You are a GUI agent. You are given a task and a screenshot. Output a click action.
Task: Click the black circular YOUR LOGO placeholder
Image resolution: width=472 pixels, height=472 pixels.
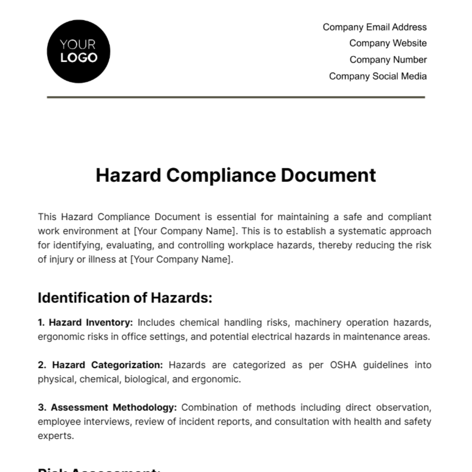(x=78, y=52)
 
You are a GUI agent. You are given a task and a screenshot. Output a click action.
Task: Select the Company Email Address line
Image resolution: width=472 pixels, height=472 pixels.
(x=374, y=27)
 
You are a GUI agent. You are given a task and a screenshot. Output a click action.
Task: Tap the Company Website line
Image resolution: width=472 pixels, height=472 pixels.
(x=388, y=43)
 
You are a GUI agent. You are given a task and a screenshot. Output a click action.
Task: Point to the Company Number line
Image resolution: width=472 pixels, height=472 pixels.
(x=388, y=60)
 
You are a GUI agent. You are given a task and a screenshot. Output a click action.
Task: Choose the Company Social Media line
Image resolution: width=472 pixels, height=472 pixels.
(x=378, y=76)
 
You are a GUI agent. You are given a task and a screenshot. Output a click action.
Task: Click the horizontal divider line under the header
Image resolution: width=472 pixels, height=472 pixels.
(x=236, y=97)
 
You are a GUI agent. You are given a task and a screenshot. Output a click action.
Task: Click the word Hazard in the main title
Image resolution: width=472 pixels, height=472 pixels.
(x=128, y=175)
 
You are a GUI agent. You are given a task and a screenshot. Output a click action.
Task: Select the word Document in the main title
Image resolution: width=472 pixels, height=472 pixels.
(x=328, y=175)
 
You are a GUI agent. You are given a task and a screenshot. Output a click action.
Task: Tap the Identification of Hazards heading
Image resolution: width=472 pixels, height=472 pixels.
(x=125, y=298)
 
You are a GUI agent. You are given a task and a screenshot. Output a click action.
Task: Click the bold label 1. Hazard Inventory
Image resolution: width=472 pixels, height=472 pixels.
(x=85, y=323)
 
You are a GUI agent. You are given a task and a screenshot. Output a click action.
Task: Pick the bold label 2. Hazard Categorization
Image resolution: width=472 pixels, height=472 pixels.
(x=100, y=365)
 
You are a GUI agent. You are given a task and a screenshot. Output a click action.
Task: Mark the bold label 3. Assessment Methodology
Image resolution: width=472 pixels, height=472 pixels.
(x=107, y=407)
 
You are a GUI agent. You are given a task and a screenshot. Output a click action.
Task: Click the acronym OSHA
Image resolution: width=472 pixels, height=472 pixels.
(x=343, y=365)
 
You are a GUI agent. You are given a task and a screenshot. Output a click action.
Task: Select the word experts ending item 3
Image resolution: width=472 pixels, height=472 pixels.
(x=55, y=436)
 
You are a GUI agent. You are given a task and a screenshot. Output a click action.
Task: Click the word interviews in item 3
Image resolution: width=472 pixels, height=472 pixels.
(x=108, y=422)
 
